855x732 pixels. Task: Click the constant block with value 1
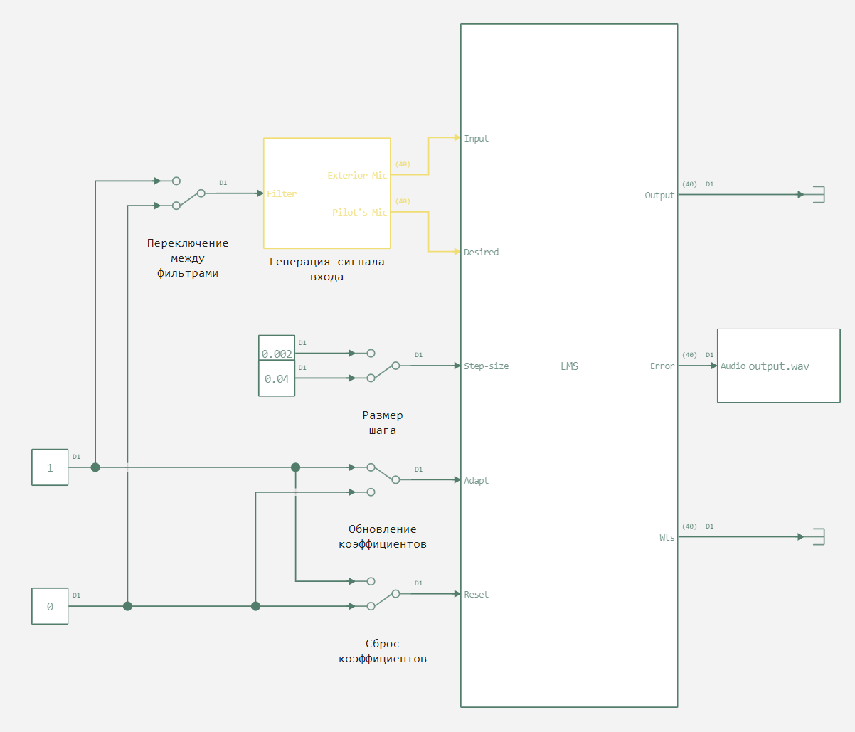coord(50,467)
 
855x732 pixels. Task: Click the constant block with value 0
coord(50,606)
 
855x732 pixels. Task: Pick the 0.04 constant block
coord(277,379)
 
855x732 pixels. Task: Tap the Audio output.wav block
coord(778,366)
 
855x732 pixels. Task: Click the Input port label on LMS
coord(476,139)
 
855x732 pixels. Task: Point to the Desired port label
coord(481,253)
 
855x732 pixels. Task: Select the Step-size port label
coord(486,366)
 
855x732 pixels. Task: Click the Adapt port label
coord(476,481)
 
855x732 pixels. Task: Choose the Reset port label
coord(476,595)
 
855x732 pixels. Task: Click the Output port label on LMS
coord(659,196)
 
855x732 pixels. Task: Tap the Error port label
coord(662,366)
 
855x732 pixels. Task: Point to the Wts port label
coord(667,538)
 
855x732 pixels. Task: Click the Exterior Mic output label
coord(357,176)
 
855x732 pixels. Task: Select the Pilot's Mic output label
coord(359,213)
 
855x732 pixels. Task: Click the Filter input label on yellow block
coord(282,194)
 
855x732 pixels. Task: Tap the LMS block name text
coord(569,366)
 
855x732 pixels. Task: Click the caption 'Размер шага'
coord(383,423)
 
